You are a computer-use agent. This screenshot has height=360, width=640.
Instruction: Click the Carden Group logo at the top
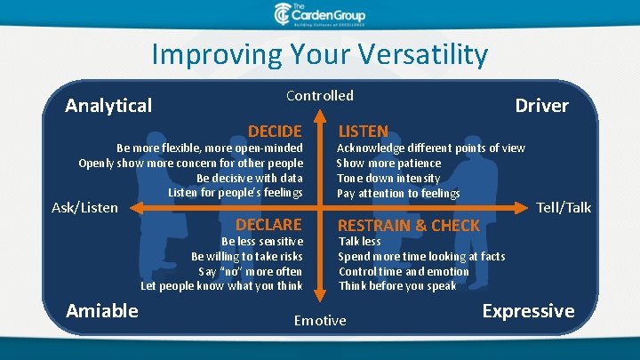pyautogui.click(x=320, y=15)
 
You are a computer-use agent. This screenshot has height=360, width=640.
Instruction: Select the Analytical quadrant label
pyautogui.click(x=108, y=106)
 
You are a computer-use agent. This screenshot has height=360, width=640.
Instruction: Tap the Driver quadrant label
pyautogui.click(x=541, y=106)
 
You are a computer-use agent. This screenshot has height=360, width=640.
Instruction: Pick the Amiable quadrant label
pyautogui.click(x=102, y=311)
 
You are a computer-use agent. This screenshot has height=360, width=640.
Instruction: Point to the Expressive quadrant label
pyautogui.click(x=529, y=312)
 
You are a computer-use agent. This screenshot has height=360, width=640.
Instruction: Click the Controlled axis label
pyautogui.click(x=320, y=96)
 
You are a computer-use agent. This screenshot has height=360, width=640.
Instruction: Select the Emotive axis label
pyautogui.click(x=320, y=321)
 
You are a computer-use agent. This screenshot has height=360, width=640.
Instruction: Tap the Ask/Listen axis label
pyautogui.click(x=84, y=208)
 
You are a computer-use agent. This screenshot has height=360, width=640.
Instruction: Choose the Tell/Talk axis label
pyautogui.click(x=564, y=208)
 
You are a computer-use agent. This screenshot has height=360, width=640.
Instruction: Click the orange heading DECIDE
pyautogui.click(x=275, y=132)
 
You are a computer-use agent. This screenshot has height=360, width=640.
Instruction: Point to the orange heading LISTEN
pyautogui.click(x=363, y=132)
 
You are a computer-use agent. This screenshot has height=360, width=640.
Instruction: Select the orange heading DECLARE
pyautogui.click(x=268, y=225)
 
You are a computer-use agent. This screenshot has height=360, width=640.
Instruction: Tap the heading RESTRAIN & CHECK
pyautogui.click(x=409, y=226)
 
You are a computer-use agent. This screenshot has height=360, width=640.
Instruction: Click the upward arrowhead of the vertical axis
pyautogui.click(x=320, y=116)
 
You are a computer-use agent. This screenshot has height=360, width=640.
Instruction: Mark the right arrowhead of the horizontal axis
pyautogui.click(x=521, y=208)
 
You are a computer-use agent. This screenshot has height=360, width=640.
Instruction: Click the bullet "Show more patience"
pyautogui.click(x=388, y=164)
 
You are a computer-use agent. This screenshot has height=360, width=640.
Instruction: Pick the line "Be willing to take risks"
pyautogui.click(x=247, y=256)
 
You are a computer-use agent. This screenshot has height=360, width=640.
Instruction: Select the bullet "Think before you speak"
pyautogui.click(x=397, y=286)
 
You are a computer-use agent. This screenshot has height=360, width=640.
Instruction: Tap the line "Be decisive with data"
pyautogui.click(x=250, y=179)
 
